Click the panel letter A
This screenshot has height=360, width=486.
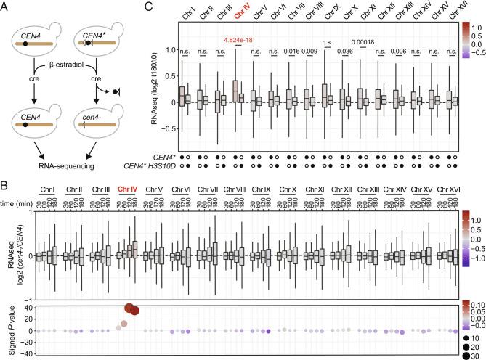6,7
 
